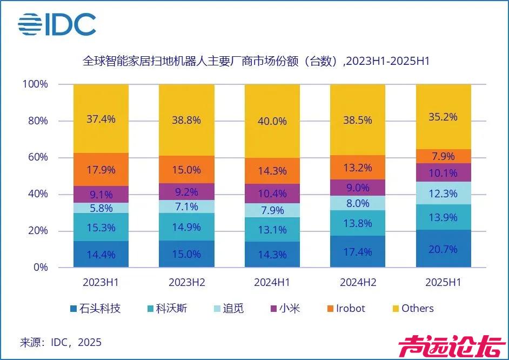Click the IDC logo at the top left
[57, 24]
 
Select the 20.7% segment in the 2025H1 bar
[443, 249]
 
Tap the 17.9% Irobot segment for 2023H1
[101, 169]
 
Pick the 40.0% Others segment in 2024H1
[272, 121]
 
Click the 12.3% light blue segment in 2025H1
[443, 193]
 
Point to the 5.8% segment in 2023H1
[101, 208]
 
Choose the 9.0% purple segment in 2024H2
[357, 188]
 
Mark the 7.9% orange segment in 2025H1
[443, 156]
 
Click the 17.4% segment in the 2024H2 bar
[357, 251]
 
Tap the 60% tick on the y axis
[38, 157]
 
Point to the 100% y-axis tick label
[36, 84]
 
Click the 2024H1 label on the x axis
[272, 282]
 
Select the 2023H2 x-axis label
[186, 282]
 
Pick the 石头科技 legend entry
[95, 309]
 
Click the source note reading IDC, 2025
[61, 342]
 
